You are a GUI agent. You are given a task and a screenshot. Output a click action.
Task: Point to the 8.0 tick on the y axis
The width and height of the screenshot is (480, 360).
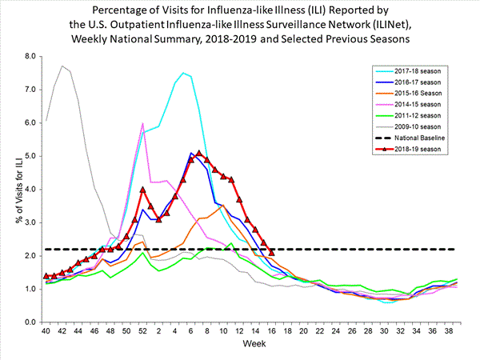[31, 57]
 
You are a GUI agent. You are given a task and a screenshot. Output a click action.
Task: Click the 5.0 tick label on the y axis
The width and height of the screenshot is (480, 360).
[31, 156]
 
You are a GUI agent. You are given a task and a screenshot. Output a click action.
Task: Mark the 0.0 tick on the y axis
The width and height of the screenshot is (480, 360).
[31, 322]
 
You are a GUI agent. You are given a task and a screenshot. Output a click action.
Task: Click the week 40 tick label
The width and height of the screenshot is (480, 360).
[46, 330]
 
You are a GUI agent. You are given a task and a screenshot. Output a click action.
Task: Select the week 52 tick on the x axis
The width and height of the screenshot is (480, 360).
[142, 330]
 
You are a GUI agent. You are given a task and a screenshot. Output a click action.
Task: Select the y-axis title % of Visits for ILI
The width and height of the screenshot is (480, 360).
[11, 190]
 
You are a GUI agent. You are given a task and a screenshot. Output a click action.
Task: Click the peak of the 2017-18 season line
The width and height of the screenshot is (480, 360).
[183, 73]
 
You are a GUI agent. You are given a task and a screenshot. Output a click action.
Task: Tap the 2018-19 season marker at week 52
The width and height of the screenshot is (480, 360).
[142, 190]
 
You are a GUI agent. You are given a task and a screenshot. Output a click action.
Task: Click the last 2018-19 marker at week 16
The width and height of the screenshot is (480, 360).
[272, 252]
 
